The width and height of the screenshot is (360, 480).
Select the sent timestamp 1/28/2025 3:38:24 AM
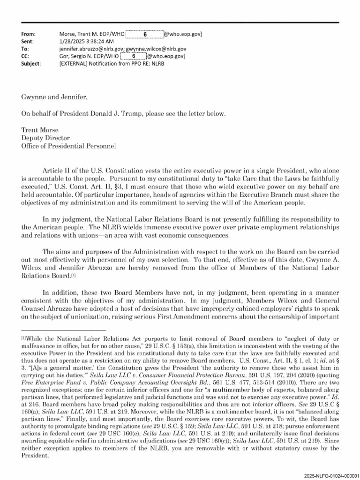pyautogui.click(x=88, y=41)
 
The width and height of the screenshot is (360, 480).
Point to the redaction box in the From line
pyautogui.click(x=145, y=34)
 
